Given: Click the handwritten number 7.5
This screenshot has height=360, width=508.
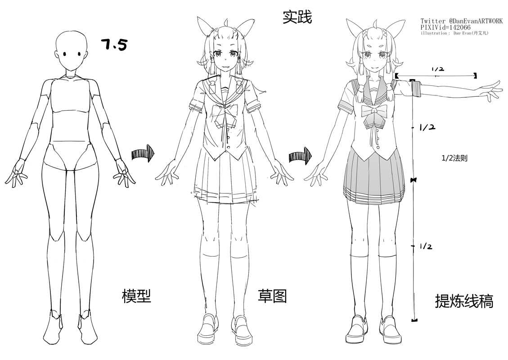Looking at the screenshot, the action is click(x=114, y=45).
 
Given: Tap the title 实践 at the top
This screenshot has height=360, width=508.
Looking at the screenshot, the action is click(x=297, y=18).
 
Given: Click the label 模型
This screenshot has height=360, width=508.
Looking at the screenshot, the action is click(x=136, y=296).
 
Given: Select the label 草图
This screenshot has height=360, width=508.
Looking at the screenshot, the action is click(x=272, y=296).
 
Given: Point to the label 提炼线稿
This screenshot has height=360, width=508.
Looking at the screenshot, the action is click(x=464, y=301).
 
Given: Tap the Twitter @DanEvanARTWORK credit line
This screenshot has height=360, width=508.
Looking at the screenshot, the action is click(x=461, y=21).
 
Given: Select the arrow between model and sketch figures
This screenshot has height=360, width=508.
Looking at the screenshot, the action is click(x=143, y=154).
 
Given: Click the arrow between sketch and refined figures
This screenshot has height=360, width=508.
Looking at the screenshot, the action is click(x=300, y=156).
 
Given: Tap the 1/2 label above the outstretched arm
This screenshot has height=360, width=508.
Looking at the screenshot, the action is click(x=438, y=69).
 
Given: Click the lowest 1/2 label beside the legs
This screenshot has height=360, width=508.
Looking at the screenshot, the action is click(x=426, y=246).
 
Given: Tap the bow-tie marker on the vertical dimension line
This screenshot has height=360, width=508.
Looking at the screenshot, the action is click(x=414, y=180).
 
